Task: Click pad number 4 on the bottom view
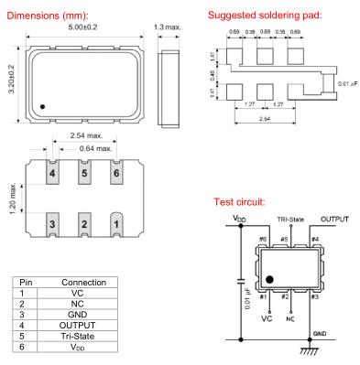[52, 172]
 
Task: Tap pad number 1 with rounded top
[116, 224]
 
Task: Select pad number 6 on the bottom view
[116, 172]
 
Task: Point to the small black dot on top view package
[42, 107]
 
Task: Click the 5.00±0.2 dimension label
[82, 27]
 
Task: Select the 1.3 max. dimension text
[168, 27]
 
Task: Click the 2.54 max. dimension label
[86, 135]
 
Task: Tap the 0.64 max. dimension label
[96, 149]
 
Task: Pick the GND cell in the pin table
[77, 315]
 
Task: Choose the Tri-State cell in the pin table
[77, 336]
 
